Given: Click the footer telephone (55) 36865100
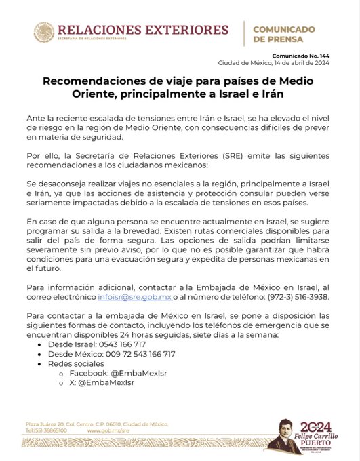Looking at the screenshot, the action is [46, 430].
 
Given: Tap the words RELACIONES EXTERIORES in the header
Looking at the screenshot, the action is [142, 30].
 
